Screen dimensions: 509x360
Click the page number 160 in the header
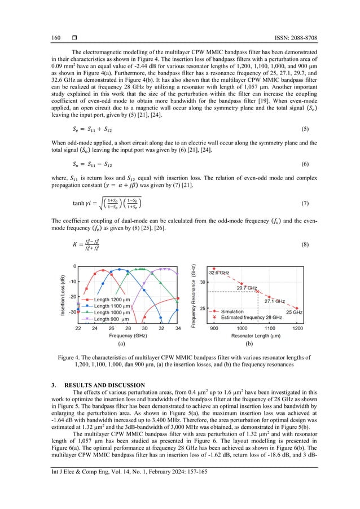pos(56,38)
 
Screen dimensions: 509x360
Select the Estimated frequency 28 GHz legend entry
pos(251,318)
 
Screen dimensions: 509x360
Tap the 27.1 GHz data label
pos(275,302)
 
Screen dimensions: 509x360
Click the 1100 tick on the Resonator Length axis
pos(270,328)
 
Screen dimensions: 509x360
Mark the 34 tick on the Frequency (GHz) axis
pos(178,328)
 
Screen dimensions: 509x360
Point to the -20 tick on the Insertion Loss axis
pos(72,296)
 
